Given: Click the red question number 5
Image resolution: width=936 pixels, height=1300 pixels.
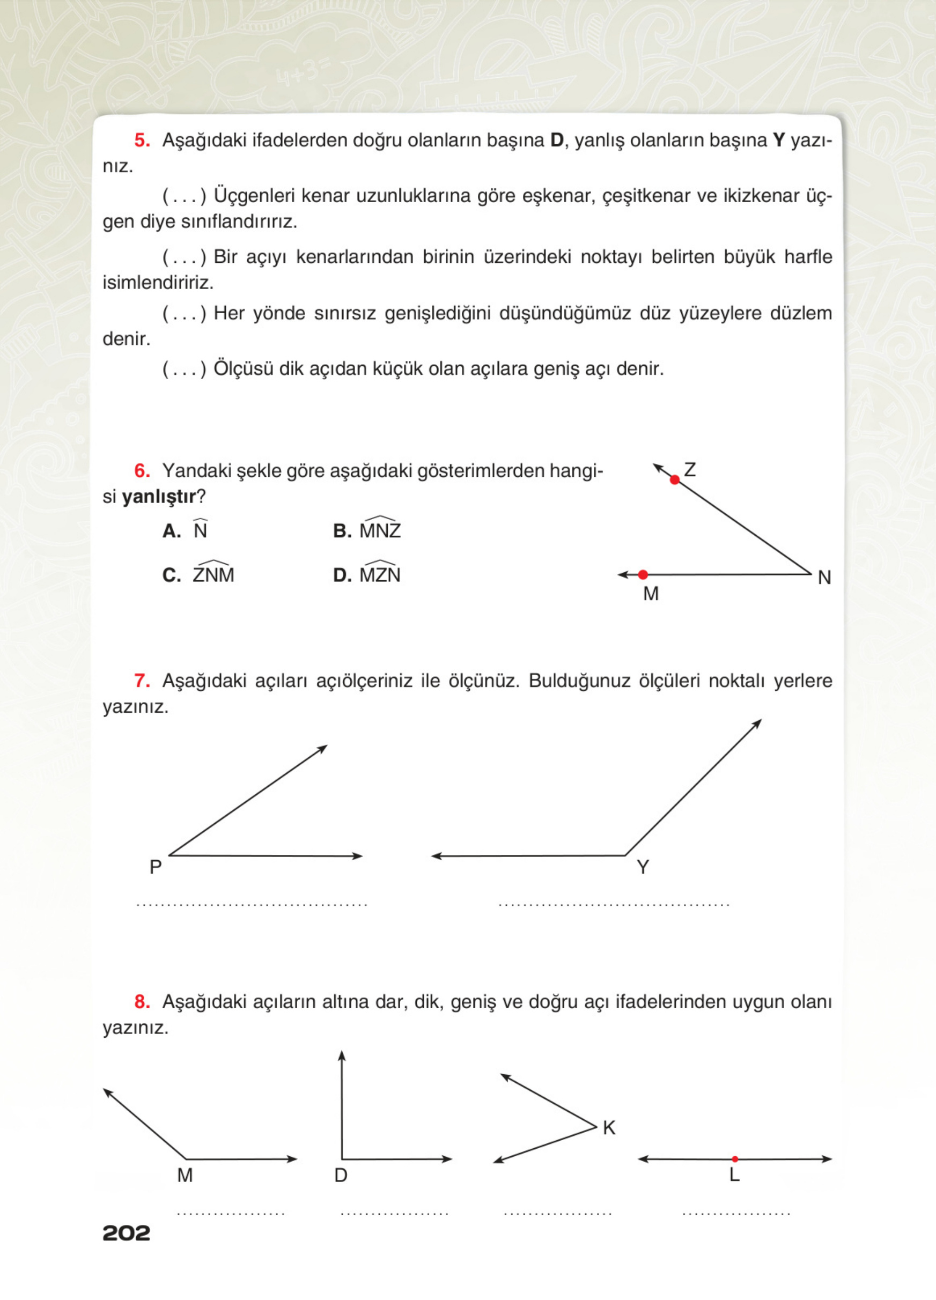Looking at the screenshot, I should (142, 141).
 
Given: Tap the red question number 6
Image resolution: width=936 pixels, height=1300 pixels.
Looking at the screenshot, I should (142, 471).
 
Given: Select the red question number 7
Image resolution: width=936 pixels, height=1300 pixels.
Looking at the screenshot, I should (142, 681).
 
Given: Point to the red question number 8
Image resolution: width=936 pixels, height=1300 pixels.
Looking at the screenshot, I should (142, 1002).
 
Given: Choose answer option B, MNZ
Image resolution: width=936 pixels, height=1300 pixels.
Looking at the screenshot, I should (379, 530).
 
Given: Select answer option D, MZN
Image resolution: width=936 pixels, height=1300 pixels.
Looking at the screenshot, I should (379, 574).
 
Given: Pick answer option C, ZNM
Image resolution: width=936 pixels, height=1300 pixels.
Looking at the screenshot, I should (213, 574).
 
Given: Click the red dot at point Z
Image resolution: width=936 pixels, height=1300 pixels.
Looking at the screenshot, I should (675, 480).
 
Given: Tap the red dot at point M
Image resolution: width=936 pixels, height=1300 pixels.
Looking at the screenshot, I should (643, 574).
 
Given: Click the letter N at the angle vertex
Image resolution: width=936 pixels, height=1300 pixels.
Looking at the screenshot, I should (824, 578).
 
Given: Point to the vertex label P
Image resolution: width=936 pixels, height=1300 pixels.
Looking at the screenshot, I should (156, 867).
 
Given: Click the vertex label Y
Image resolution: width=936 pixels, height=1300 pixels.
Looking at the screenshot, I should (643, 867).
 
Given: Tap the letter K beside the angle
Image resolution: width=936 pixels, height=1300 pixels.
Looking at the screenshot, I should (609, 1128).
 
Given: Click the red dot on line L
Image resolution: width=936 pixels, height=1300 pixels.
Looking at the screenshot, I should (735, 1159).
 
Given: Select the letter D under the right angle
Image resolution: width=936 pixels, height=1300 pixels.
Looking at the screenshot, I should (341, 1176).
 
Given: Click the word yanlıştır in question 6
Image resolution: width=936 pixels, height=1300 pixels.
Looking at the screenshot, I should (159, 497).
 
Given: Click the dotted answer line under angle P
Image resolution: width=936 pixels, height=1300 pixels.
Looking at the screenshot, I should (252, 906).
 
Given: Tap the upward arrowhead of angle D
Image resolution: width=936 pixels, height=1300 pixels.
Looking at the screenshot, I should (342, 1055).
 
